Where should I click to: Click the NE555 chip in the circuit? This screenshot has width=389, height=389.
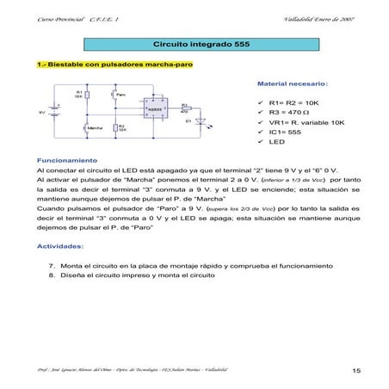click(x=152, y=108)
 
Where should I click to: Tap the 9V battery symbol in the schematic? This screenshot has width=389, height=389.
click(x=58, y=112)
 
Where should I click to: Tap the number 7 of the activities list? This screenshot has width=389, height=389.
click(x=52, y=266)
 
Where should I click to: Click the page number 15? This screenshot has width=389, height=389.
click(x=355, y=370)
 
